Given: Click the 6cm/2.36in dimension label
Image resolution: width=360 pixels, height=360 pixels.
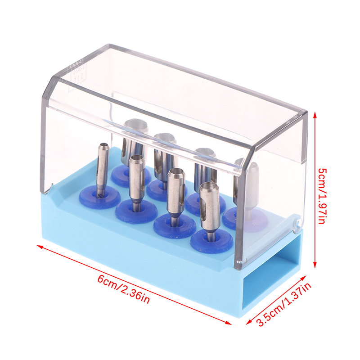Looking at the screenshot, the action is click(x=124, y=289).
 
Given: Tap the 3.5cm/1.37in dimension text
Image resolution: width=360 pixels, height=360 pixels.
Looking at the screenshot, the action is click(x=284, y=304).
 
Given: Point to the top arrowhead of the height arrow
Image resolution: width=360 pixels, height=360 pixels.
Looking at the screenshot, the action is click(x=315, y=115).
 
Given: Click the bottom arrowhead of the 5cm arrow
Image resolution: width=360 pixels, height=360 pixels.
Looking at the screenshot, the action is click(x=315, y=265).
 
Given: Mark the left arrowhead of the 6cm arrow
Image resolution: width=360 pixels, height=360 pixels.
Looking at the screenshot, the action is click(x=40, y=246).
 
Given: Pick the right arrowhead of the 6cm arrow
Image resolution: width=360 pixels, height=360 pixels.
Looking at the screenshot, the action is click(x=229, y=323).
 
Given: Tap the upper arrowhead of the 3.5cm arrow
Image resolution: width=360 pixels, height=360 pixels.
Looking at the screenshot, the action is click(x=303, y=278).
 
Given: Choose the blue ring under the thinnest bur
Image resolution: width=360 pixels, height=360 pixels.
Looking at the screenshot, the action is click(x=100, y=198).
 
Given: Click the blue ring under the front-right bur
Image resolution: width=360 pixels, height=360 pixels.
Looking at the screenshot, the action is click(x=211, y=241).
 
